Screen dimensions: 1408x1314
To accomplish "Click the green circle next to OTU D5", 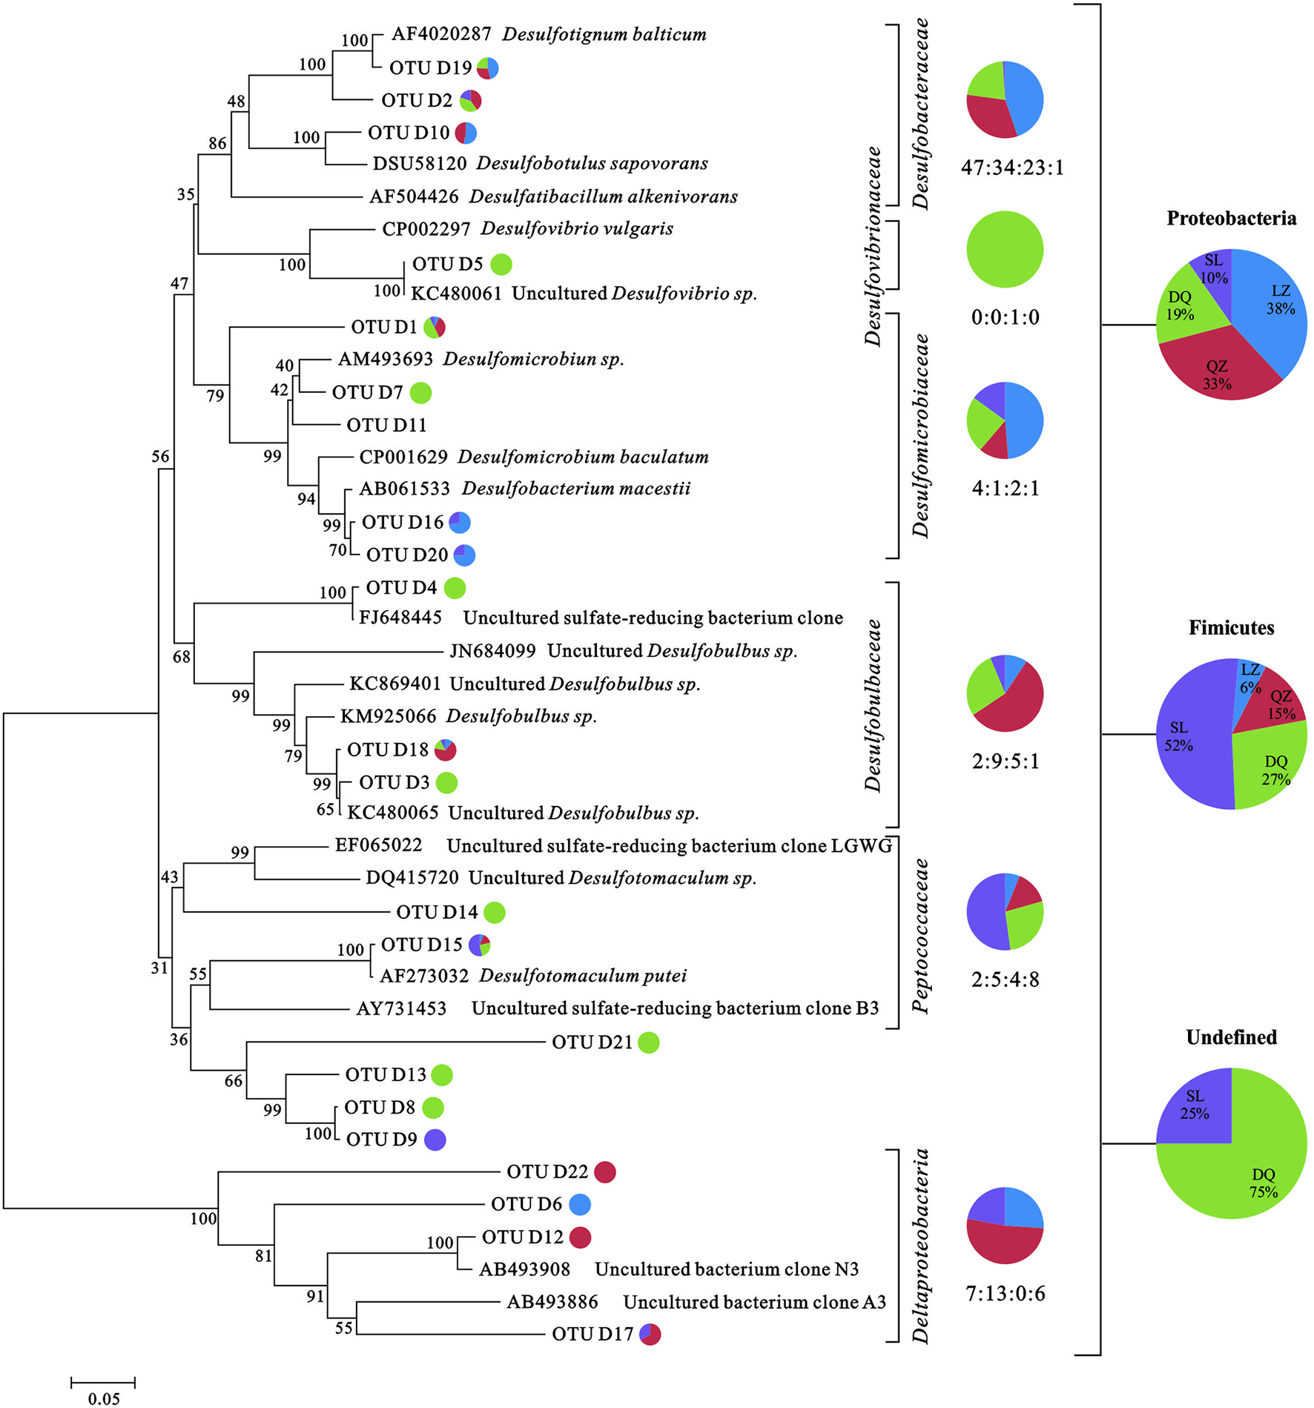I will point(501,263).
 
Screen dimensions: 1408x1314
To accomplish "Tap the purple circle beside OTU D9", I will point(435,1140).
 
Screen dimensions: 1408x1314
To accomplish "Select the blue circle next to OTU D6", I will point(580,1205).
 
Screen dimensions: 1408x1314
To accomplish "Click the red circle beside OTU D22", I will point(605,1172).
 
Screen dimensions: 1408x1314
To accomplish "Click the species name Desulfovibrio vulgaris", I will point(577,228).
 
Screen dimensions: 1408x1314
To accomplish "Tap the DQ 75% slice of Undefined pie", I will point(1253,1171).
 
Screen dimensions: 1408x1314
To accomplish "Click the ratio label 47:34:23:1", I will point(1012,168).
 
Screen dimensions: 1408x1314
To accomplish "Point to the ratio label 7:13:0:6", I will point(1006,1294).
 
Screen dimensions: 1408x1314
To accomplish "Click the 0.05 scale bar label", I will point(104,1398).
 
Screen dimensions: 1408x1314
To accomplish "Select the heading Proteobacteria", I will point(1231,219).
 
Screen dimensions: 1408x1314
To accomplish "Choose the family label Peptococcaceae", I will point(921,936).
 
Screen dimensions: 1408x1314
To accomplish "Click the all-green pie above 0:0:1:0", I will point(1005,249).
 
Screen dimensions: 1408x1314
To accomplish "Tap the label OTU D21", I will point(592,1042).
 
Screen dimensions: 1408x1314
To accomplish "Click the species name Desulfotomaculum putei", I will point(583,976).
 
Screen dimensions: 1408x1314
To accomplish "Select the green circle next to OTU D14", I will point(495,913).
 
